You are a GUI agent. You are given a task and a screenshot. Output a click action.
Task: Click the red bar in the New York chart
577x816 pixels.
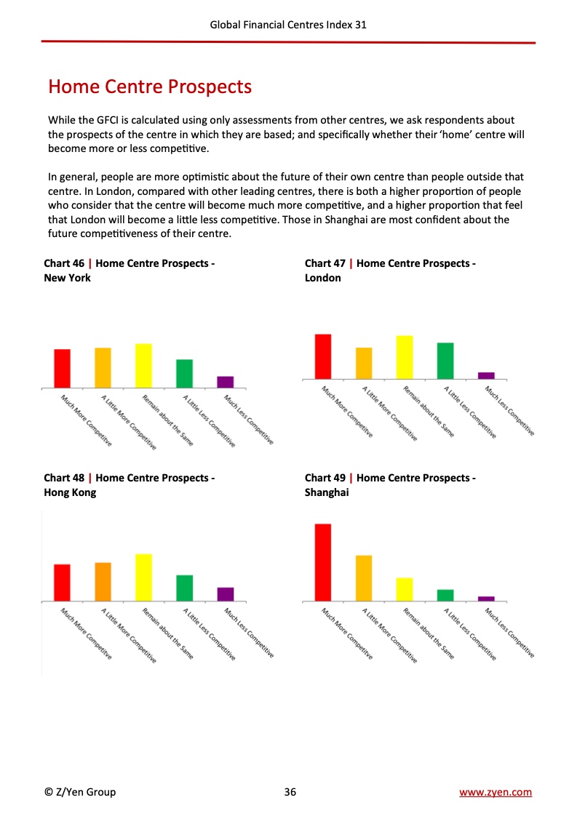pos(63,368)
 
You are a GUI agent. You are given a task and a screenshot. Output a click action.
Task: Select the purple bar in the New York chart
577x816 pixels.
pos(226,382)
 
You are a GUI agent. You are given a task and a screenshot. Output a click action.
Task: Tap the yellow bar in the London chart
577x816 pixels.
pos(405,357)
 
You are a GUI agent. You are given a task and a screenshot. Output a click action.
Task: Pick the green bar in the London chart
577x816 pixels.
pos(445,361)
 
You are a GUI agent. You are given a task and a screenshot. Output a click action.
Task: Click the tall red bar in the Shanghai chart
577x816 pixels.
pos(323,562)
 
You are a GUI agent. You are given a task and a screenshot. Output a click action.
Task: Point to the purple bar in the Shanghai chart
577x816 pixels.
pos(486,599)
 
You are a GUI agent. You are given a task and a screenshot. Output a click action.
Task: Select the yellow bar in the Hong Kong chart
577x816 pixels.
pos(144,577)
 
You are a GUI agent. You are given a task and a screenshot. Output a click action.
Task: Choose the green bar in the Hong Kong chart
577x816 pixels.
pos(185,588)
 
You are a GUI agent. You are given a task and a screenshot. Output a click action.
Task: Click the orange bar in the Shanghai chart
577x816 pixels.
pos(364,578)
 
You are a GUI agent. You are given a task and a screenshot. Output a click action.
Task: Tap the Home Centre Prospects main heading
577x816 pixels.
pos(150,87)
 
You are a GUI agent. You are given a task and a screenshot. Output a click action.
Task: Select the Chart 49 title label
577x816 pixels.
pos(390,478)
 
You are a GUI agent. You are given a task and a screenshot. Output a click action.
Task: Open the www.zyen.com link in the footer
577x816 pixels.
pos(496,792)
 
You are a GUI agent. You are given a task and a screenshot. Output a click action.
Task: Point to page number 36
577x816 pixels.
pos(290,792)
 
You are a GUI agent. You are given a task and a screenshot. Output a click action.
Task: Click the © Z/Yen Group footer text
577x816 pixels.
pos(80,792)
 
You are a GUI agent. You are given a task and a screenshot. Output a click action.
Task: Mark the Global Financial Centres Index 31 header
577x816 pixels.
pos(288,25)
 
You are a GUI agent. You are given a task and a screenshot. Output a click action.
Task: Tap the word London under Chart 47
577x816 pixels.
pos(323,278)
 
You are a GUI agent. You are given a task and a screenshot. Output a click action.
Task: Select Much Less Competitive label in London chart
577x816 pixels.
pos(509,412)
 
